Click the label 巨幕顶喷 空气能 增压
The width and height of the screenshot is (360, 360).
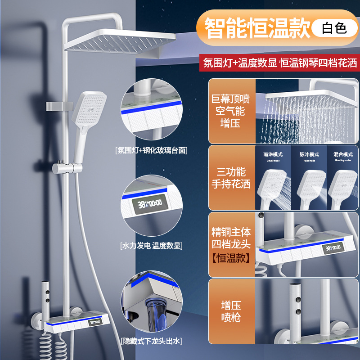tap(231, 110)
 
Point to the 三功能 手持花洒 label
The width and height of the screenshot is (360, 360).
tap(231, 178)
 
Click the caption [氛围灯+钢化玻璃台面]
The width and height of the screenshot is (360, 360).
tap(151, 150)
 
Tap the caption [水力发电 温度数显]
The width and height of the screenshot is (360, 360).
tap(151, 246)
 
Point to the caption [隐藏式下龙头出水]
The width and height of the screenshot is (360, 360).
tap(151, 341)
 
